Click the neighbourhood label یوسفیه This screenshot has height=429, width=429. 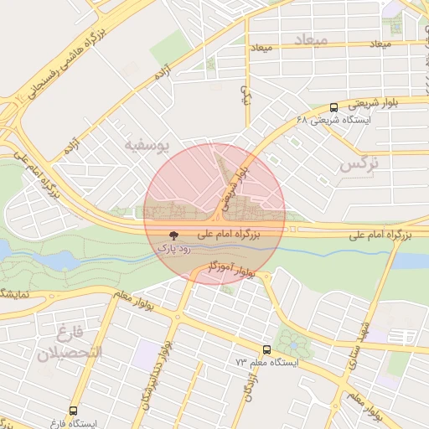click(x=147, y=146)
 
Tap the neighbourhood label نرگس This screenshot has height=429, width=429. click(x=359, y=164)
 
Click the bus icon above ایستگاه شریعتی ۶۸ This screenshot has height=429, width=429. click(x=334, y=107)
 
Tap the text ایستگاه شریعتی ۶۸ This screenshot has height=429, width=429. click(x=333, y=120)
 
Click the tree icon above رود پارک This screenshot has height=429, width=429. click(x=174, y=237)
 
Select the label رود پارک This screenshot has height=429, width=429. click(x=174, y=249)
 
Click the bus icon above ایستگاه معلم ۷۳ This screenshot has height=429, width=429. click(x=266, y=350)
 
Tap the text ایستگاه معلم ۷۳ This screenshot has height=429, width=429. click(x=266, y=363)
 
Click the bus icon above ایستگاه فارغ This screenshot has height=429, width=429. click(x=74, y=411)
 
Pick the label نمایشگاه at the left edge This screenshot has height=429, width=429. click(x=17, y=294)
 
